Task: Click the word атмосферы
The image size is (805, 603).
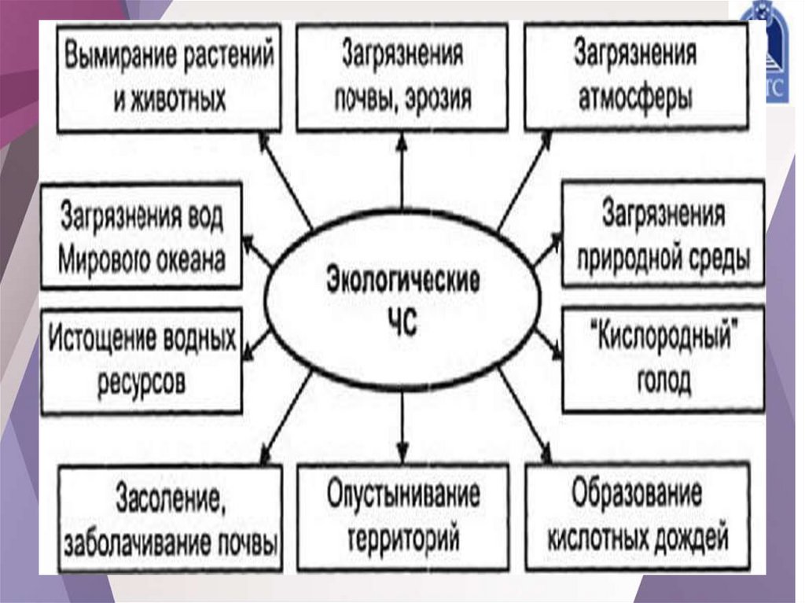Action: coord(635,100)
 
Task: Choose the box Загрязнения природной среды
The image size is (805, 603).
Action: coord(663,233)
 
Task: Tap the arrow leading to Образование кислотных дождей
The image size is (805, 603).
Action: coord(524,417)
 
